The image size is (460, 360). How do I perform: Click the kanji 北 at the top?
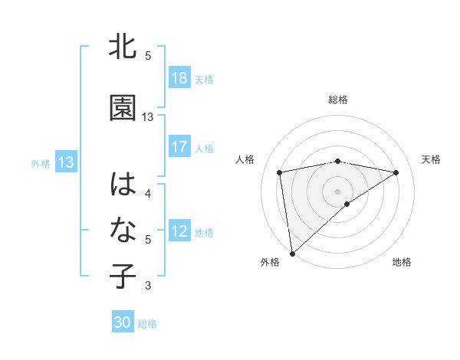[x=123, y=47]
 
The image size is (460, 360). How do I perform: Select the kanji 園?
[x=123, y=109]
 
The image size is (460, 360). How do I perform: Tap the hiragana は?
[x=123, y=185]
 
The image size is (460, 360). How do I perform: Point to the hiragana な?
[x=123, y=231]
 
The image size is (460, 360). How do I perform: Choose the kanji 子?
[x=123, y=277]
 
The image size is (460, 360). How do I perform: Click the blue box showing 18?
[x=179, y=78]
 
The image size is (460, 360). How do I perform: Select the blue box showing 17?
[x=179, y=147]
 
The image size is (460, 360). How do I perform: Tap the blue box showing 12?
[x=179, y=231]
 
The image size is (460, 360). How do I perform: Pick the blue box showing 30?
[x=123, y=322]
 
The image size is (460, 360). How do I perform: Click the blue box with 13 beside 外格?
[x=65, y=162]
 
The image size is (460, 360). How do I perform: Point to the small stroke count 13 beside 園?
[x=148, y=117]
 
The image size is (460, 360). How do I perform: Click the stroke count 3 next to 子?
[x=148, y=286]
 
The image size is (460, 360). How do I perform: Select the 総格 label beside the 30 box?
[x=147, y=324]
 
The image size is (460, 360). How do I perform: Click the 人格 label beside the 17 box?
[x=204, y=148]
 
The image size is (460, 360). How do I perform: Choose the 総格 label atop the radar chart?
[x=337, y=100]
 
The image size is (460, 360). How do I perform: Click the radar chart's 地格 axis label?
[x=402, y=262]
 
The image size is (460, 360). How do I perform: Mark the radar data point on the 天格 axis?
[x=396, y=172]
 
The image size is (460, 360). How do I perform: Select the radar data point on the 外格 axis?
[x=291, y=253]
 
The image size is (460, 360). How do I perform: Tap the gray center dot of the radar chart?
[x=337, y=191]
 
